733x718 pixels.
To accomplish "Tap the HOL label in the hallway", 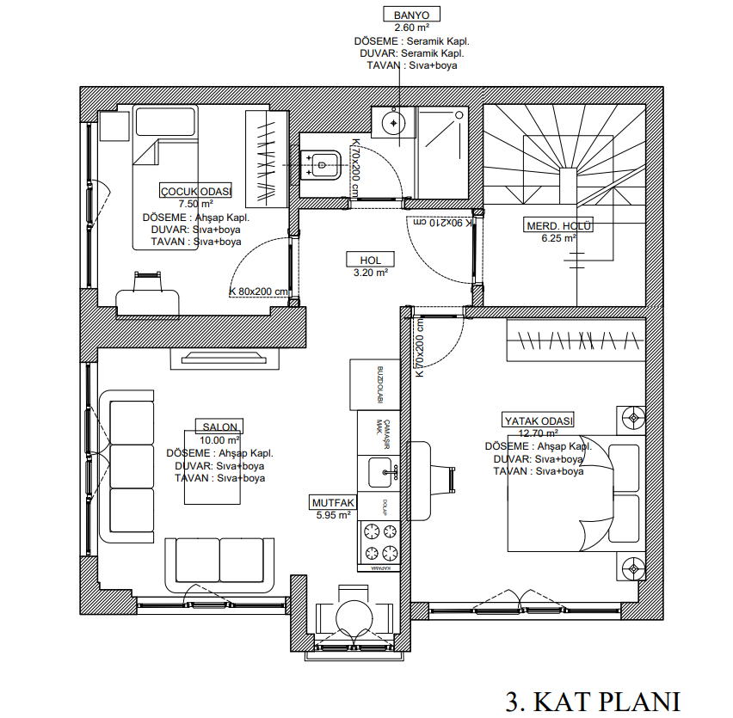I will pos(370,260).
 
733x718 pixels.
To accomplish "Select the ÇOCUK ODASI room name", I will pos(195,192).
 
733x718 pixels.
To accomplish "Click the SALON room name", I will pos(219,427).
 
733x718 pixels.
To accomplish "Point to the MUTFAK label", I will pos(332,503).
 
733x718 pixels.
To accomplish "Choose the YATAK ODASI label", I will pos(538,420).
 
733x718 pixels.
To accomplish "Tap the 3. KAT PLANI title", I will pos(593,701).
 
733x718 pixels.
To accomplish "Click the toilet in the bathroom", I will pos(322,163).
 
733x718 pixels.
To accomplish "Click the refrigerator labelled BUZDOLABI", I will pos(375,384).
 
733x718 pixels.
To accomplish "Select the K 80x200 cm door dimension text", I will pos(258,291).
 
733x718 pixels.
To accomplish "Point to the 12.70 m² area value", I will pos(538,434).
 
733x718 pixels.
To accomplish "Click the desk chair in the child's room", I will pos(148,278).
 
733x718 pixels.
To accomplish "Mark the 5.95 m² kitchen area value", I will pos(332,516).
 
